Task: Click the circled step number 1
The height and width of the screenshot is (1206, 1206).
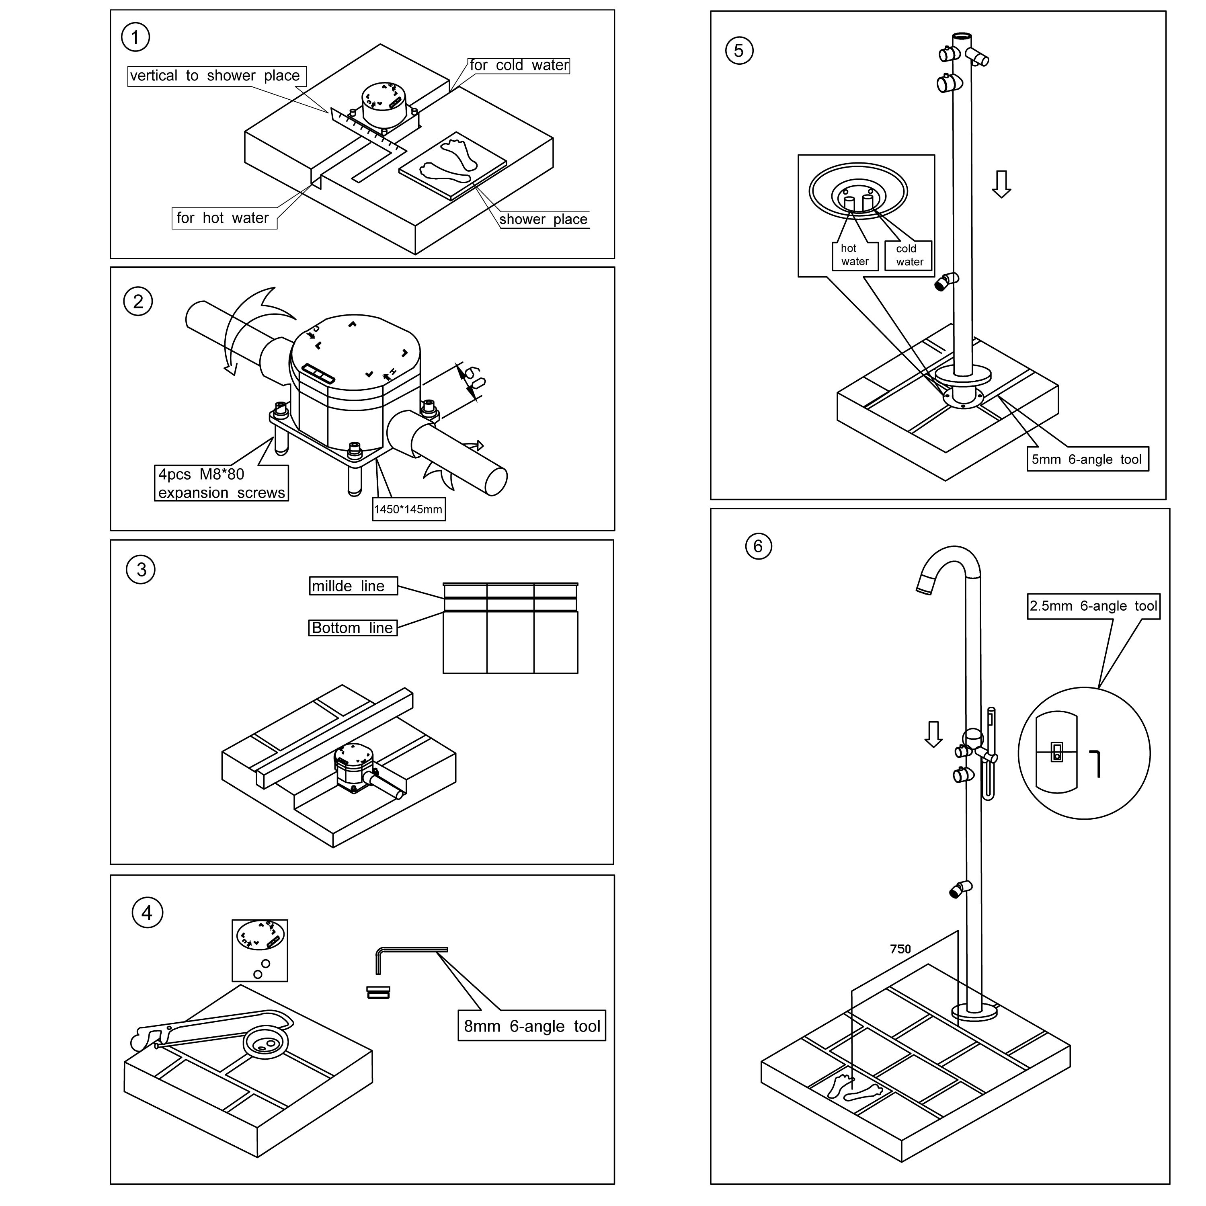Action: pyautogui.click(x=135, y=37)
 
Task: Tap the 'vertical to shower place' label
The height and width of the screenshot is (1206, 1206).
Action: pyautogui.click(x=216, y=76)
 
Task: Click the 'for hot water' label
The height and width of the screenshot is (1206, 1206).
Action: pyautogui.click(x=224, y=218)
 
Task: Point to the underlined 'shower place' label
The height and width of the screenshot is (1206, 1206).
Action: pyautogui.click(x=543, y=219)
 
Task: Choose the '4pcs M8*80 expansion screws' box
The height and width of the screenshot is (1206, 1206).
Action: pyautogui.click(x=221, y=483)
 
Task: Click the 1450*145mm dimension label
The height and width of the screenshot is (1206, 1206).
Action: pyautogui.click(x=408, y=509)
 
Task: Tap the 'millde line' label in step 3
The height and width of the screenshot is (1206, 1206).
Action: pyautogui.click(x=353, y=586)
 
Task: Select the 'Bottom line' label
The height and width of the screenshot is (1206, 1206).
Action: pyautogui.click(x=353, y=628)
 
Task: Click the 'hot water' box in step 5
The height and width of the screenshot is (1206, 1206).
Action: pyautogui.click(x=855, y=255)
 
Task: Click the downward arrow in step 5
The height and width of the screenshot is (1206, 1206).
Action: pyautogui.click(x=1001, y=184)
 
